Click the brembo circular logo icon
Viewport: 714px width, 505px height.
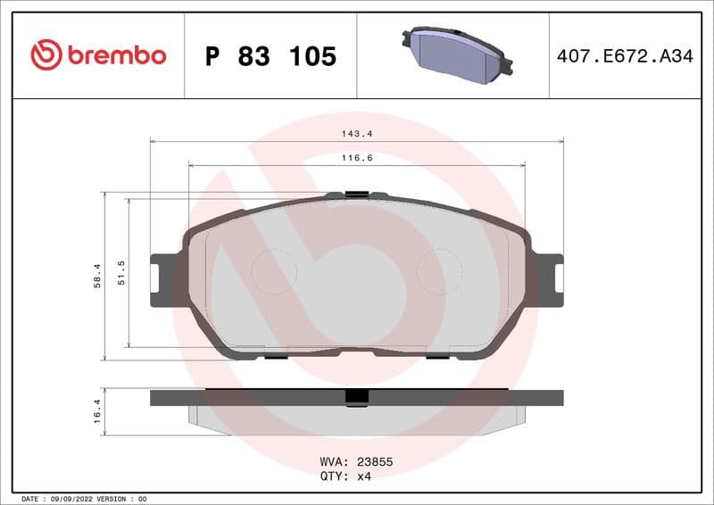[46, 55]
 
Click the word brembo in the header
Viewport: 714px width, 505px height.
[117, 55]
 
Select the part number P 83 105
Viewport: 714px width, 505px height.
[270, 56]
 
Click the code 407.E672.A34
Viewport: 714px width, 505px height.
[624, 56]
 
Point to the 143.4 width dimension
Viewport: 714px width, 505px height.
[357, 134]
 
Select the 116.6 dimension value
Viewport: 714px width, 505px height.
[357, 157]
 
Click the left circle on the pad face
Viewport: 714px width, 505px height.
[274, 271]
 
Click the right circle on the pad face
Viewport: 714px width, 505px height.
[440, 271]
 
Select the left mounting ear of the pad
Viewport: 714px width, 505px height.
[163, 280]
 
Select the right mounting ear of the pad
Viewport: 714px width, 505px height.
[550, 280]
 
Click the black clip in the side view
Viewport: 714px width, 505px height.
[357, 398]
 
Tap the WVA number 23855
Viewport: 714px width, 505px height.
[375, 462]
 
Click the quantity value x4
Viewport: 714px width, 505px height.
[363, 476]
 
